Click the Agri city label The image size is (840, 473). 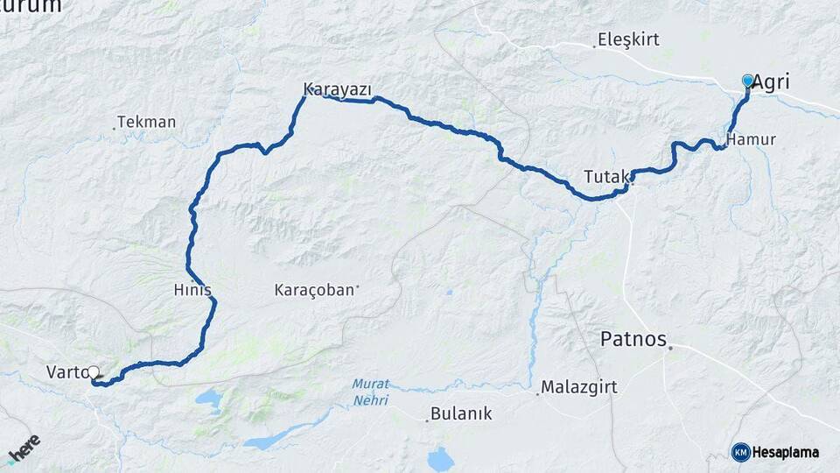pyautogui.click(x=771, y=82)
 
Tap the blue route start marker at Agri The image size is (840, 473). pyautogui.click(x=747, y=81)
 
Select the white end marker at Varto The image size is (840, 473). pyautogui.click(x=94, y=372)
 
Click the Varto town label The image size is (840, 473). pyautogui.click(x=66, y=372)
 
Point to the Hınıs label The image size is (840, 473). pyautogui.click(x=193, y=290)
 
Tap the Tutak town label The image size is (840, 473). pyautogui.click(x=605, y=176)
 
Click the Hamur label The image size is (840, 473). pyautogui.click(x=751, y=139)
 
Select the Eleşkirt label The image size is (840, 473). pyautogui.click(x=628, y=39)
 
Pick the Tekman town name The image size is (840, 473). pyautogui.click(x=146, y=122)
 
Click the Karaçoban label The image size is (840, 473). pyautogui.click(x=314, y=289)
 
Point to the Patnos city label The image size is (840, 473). pyautogui.click(x=633, y=339)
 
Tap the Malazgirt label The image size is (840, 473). pyautogui.click(x=574, y=386)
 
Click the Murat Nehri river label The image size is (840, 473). pyautogui.click(x=370, y=391)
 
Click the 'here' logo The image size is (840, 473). pyautogui.click(x=24, y=448)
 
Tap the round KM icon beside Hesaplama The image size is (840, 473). pyautogui.click(x=741, y=452)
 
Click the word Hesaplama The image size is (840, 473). pyautogui.click(x=787, y=452)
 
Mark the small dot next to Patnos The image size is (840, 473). pyautogui.click(x=670, y=349)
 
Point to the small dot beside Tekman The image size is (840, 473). pyautogui.click(x=114, y=129)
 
